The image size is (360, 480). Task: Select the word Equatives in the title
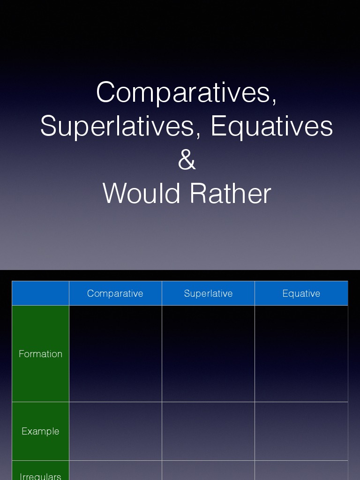point(272,127)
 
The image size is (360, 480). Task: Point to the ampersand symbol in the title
point(187,160)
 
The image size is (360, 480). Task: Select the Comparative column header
point(115,293)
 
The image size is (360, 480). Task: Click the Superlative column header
point(208,293)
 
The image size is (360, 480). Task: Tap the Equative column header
point(301,293)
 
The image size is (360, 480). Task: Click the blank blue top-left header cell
point(40,293)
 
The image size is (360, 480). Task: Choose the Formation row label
point(40,354)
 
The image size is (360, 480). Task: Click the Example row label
point(40,431)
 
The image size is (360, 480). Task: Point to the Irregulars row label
point(40,474)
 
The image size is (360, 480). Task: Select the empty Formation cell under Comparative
point(115,354)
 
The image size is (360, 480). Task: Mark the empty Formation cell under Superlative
point(208,354)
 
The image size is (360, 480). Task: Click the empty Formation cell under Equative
point(301,354)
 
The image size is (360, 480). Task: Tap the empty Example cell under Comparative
point(115,431)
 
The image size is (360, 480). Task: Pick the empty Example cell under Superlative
point(208,431)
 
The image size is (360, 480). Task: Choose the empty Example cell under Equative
point(301,431)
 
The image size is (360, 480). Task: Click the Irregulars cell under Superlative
point(208,471)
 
